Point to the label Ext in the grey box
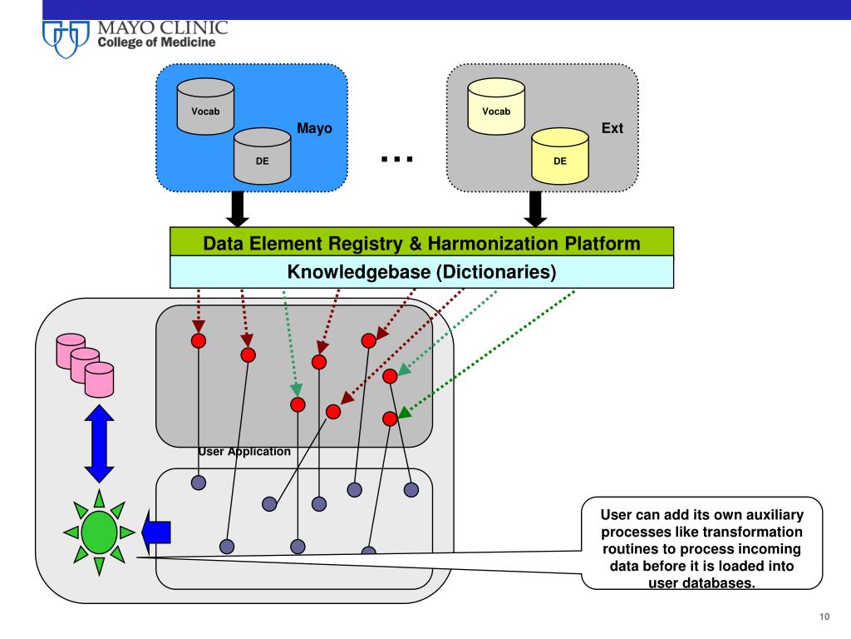[x=612, y=129]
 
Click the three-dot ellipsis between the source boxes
[x=397, y=158]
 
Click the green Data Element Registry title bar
[x=421, y=243]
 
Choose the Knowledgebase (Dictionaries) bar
[x=421, y=272]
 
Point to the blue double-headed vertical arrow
[x=99, y=442]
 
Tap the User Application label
[x=244, y=452]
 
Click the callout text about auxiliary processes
[x=701, y=546]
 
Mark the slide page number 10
[x=824, y=617]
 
